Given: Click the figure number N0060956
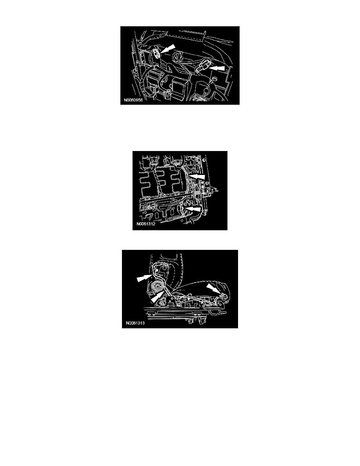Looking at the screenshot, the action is click(x=133, y=100).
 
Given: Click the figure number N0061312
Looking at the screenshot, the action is click(x=146, y=224).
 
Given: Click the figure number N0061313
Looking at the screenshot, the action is click(x=135, y=323).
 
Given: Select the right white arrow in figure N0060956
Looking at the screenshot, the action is click(x=217, y=68).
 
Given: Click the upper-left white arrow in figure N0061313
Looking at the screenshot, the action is click(x=144, y=278).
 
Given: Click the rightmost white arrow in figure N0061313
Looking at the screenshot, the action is click(x=214, y=289).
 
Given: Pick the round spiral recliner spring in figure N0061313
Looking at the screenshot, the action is click(x=156, y=288).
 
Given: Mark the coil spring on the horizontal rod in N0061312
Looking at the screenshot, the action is click(x=196, y=193).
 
